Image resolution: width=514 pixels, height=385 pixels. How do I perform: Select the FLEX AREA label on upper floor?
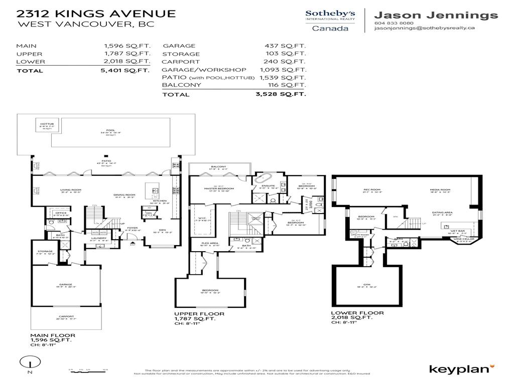(209, 243)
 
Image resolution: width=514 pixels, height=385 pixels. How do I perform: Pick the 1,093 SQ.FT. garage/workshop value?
(283, 70)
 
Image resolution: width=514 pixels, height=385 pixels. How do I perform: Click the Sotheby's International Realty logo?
(330, 20)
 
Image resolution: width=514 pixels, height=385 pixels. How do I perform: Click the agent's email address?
(425, 29)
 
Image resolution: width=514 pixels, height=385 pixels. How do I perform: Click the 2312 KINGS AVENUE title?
(96, 13)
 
